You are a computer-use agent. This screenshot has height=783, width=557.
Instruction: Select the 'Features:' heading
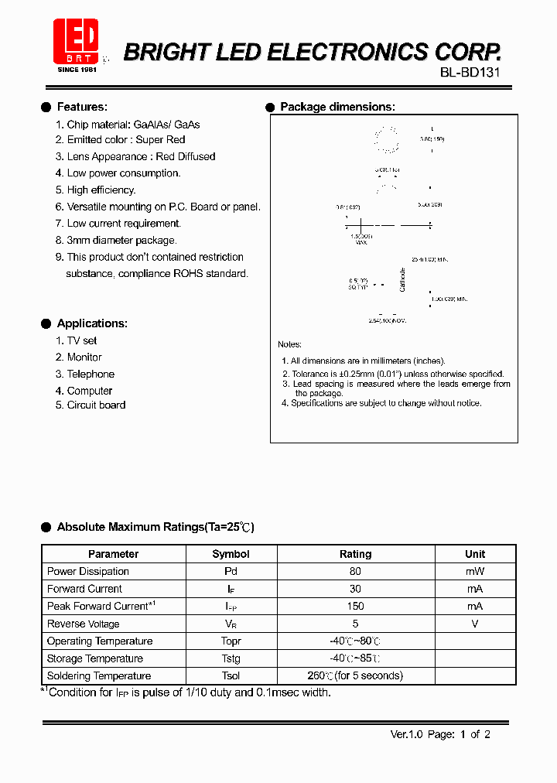pyautogui.click(x=82, y=107)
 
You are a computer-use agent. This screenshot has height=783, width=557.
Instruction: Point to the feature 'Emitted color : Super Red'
pyautogui.click(x=126, y=140)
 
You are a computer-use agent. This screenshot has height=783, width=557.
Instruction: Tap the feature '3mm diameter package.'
pyautogui.click(x=121, y=240)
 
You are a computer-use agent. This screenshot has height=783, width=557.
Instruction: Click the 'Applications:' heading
pyautogui.click(x=92, y=323)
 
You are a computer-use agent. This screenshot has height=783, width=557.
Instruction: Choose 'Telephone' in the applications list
pyautogui.click(x=91, y=374)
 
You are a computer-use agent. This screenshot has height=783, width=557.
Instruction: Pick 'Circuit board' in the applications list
pyautogui.click(x=96, y=405)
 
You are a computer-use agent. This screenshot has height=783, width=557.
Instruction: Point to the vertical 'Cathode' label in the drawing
pyautogui.click(x=402, y=279)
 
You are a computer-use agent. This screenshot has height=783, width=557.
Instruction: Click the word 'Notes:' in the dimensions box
pyautogui.click(x=290, y=344)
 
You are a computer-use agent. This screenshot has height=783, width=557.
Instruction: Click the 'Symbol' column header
pyautogui.click(x=231, y=554)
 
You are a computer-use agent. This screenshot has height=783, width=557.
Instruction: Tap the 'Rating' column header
pyautogui.click(x=355, y=554)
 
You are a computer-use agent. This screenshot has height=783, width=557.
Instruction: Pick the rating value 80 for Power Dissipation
pyautogui.click(x=355, y=572)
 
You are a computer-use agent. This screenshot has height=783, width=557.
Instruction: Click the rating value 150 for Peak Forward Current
pyautogui.click(x=355, y=607)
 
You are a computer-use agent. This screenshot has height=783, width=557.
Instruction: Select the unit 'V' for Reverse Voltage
pyautogui.click(x=474, y=624)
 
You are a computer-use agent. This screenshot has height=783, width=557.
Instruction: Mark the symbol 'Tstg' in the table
pyautogui.click(x=231, y=658)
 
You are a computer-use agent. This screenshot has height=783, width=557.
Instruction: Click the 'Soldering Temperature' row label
pyautogui.click(x=99, y=676)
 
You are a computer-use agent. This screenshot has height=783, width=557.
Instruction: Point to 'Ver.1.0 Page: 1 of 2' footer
pyautogui.click(x=440, y=734)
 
